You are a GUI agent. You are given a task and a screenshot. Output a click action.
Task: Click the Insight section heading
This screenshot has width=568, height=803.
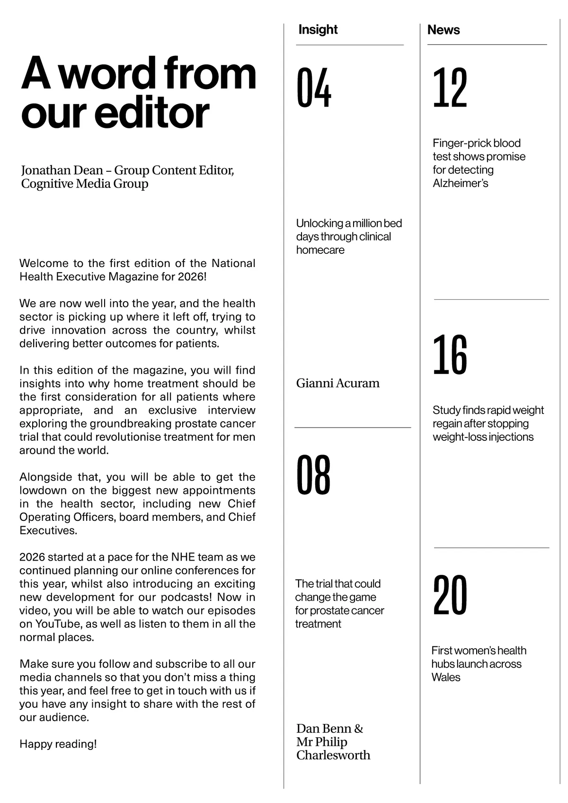click(318, 29)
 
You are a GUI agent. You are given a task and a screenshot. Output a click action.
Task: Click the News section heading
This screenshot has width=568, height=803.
click(443, 30)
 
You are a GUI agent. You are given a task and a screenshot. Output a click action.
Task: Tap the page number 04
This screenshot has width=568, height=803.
click(314, 88)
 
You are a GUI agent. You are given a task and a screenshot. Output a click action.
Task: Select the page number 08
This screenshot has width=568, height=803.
click(313, 475)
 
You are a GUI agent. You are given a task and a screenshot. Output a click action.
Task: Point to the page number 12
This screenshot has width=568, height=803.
click(450, 88)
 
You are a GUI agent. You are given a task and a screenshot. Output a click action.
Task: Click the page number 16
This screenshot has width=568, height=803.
click(450, 355)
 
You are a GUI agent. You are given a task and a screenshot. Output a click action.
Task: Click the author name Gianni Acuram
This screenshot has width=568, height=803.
click(337, 383)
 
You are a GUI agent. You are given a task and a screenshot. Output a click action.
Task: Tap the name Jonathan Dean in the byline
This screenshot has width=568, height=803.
click(62, 170)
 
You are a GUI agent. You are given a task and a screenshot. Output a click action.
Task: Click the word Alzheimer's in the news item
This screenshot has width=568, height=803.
click(460, 183)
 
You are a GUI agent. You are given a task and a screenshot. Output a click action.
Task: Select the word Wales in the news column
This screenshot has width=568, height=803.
click(445, 677)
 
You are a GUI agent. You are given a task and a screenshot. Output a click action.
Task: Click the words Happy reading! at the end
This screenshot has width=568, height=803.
click(58, 744)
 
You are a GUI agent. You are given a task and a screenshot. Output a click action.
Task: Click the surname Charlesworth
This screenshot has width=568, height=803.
click(333, 755)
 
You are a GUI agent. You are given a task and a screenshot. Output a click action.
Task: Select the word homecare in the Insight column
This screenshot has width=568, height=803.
click(320, 250)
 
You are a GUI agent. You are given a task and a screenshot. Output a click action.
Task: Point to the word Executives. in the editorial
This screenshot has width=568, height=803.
click(48, 530)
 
